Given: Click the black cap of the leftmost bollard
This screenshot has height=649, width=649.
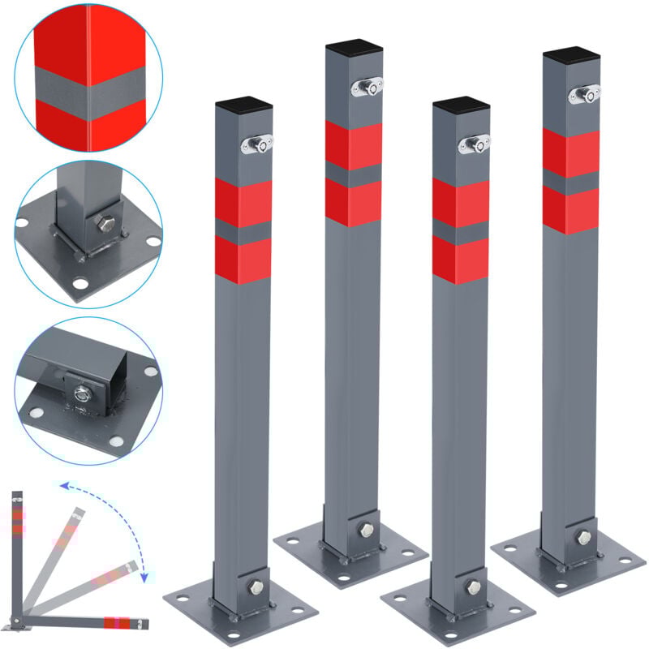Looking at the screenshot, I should pos(243,105).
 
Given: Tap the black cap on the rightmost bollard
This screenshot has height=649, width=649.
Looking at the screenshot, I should pos(570,56).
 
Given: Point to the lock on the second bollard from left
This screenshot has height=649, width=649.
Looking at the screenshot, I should pos(367,85).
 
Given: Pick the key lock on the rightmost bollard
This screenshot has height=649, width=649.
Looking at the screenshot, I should pos(584,94).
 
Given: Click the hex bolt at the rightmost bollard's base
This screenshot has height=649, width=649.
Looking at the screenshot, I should pos(582,536).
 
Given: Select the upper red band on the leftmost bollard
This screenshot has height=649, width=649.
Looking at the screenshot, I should pos(243,203).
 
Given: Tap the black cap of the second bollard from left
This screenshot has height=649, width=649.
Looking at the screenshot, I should pos(354,49).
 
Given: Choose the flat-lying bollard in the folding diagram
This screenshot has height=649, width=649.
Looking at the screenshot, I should pos(81,623).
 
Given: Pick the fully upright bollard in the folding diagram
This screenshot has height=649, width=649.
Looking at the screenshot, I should pos(17,552).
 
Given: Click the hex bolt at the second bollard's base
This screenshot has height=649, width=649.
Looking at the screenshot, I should pos(365,529).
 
